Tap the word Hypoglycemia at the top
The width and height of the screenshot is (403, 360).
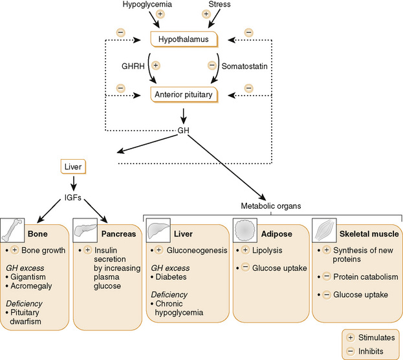[147, 5]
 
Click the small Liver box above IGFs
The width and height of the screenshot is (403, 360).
[72, 167]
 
